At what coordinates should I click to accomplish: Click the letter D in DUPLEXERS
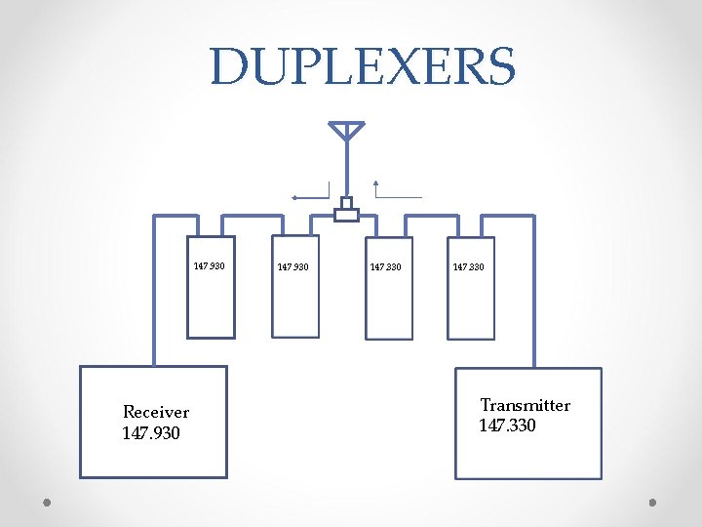coord(230,66)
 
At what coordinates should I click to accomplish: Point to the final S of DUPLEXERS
coord(497,66)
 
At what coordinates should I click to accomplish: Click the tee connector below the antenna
coord(346,212)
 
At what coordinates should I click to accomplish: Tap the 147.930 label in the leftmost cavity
coord(209,265)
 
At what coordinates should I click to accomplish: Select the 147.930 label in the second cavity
coord(292,266)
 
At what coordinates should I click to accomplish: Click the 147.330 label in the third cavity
coord(386,266)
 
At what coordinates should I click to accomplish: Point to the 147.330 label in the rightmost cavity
coord(468,266)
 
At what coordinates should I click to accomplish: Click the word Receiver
coord(156,413)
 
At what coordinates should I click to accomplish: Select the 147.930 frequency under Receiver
coord(151,432)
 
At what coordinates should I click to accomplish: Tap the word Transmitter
coord(526,405)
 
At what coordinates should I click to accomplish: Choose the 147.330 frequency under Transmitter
coord(507,426)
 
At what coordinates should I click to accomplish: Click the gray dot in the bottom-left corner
coord(47,503)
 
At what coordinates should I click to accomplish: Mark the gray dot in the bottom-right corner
coord(653,503)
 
